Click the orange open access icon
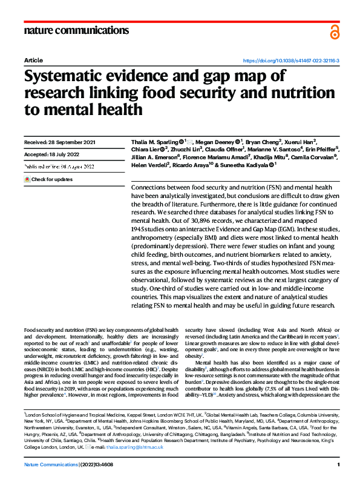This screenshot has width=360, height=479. click(335, 31)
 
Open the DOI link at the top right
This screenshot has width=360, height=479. click(290, 61)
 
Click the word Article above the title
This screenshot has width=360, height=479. click(33, 61)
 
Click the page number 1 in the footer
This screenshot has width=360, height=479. click(338, 464)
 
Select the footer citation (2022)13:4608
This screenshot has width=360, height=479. click(97, 464)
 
